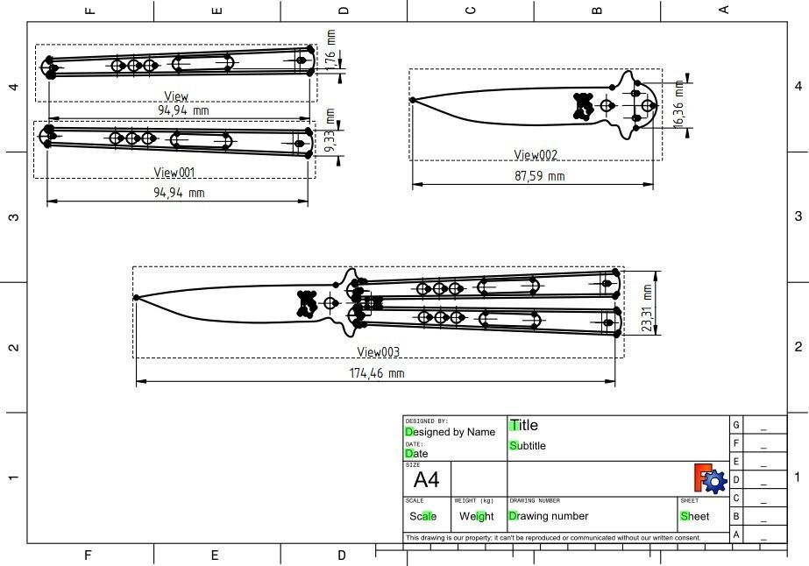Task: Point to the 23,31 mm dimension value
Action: point(648,308)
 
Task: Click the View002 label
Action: point(536,155)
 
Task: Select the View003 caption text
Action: point(378,352)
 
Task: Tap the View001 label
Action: point(174,173)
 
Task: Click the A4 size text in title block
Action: point(426,480)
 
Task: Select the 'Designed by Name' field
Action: point(451,432)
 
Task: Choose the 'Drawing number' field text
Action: point(549,516)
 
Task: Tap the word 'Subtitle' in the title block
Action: point(528,446)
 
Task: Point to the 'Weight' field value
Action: point(477,517)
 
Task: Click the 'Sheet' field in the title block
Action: point(695,516)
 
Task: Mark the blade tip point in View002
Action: point(413,100)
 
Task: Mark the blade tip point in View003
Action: point(137,298)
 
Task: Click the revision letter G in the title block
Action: point(736,425)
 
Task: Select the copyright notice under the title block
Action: point(553,538)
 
